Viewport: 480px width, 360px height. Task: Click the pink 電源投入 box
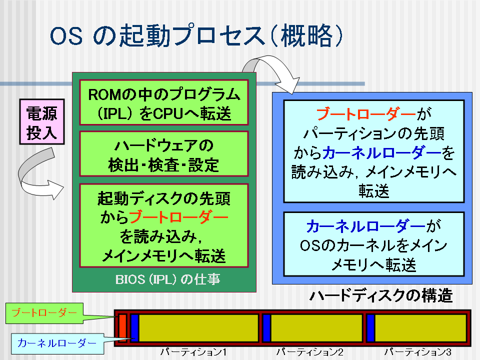(x=42, y=121)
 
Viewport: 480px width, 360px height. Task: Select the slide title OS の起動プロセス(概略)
(x=196, y=36)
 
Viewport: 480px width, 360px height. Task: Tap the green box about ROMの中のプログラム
(x=164, y=102)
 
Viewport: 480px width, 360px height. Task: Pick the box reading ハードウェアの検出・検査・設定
(x=164, y=153)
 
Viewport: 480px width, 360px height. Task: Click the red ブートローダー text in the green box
(x=179, y=217)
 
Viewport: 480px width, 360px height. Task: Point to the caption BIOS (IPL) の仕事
(x=167, y=279)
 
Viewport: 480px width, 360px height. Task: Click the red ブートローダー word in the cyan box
(x=366, y=114)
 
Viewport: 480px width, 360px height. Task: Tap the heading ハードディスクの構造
(x=381, y=295)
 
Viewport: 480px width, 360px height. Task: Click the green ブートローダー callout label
(x=44, y=313)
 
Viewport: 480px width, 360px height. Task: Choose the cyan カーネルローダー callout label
(x=57, y=343)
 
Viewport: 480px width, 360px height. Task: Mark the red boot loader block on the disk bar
(x=122, y=328)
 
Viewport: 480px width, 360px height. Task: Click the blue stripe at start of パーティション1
(x=134, y=328)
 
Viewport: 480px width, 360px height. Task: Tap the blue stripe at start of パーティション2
(x=266, y=328)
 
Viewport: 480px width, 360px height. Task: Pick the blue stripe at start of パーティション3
(x=370, y=328)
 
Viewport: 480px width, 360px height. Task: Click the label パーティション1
(x=193, y=352)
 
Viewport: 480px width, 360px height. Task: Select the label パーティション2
(x=309, y=352)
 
